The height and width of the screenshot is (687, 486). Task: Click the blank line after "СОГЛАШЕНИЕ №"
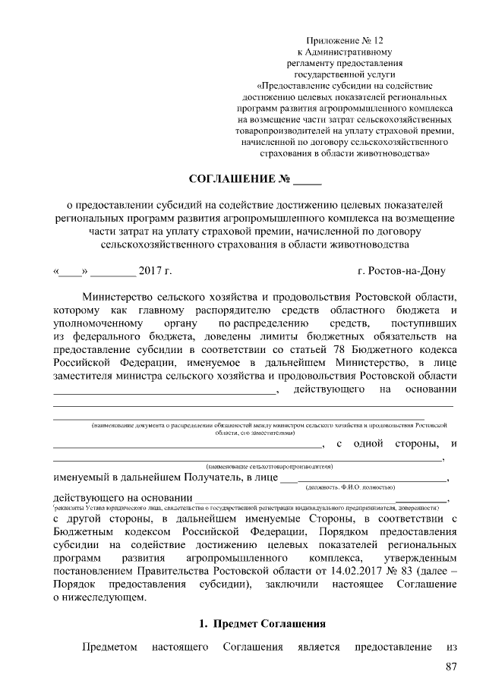click(x=308, y=182)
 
